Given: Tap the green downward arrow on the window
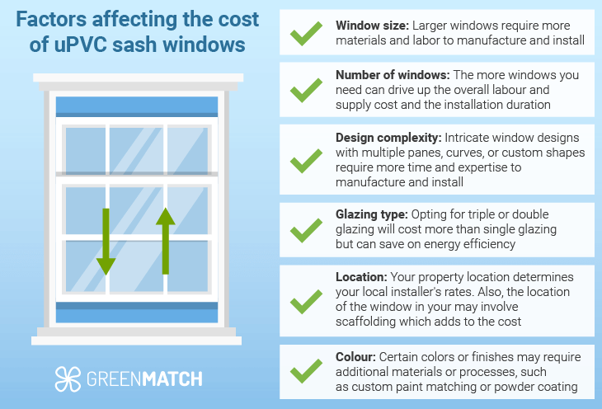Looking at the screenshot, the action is point(106,242).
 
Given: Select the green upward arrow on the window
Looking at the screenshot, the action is point(166,241).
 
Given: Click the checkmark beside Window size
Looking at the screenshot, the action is point(306,34).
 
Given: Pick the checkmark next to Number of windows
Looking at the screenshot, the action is point(306,90).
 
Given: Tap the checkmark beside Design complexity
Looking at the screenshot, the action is point(306,161).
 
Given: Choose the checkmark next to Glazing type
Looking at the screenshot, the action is point(306,230).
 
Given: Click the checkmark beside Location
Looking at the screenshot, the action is point(306,302).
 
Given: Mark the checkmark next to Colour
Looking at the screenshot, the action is point(306,371).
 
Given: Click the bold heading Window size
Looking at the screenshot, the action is point(372,26).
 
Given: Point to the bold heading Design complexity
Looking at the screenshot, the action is point(388,138).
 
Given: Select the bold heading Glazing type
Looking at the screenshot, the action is point(371,214).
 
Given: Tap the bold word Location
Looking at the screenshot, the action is point(361,277).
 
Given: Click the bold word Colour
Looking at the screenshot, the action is point(355,357).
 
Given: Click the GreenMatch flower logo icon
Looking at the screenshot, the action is point(68,379).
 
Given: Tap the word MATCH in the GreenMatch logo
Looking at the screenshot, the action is point(172,379).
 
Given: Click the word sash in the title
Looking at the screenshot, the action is point(134,45).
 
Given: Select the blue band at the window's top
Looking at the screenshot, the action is point(137,106).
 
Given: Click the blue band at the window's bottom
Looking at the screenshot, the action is point(137,313).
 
